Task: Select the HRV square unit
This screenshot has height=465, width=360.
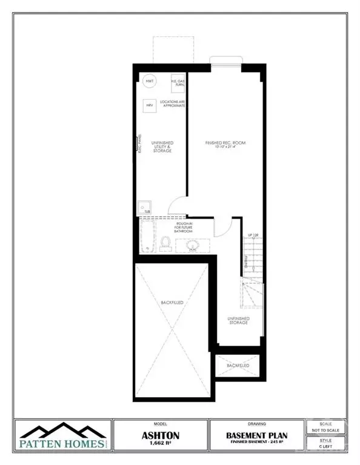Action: (148, 105)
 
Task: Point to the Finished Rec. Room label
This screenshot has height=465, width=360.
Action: (225, 144)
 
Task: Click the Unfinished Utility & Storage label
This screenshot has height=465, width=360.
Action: (162, 146)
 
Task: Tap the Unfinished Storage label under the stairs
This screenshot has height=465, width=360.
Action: (238, 320)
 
